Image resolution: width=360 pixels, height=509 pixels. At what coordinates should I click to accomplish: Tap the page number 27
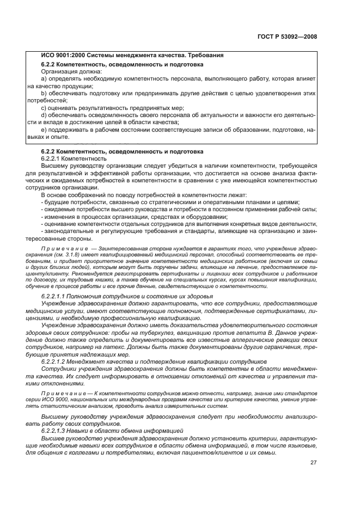pos(313,462)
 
